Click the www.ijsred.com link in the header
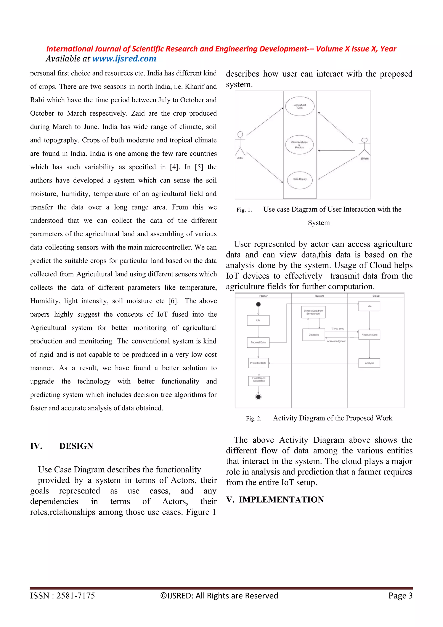124,59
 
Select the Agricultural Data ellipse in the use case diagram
300,106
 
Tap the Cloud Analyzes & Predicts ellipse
299,145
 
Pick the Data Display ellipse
300,180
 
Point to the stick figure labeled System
364,147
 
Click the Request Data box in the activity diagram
258,342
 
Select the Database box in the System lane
314,335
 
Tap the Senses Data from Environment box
313,312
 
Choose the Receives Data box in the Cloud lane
369,335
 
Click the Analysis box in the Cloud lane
369,363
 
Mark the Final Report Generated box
259,381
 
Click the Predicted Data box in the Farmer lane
258,363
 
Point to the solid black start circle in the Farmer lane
258,304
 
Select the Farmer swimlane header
263,296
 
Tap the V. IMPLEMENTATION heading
275,500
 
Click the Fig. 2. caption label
254,419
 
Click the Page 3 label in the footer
400,596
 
